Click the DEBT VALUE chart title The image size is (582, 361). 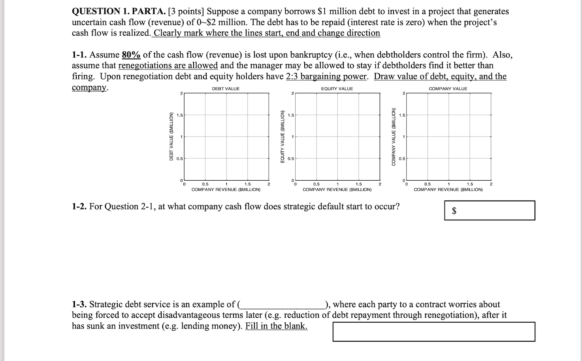coord(226,89)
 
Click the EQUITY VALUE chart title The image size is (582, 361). coord(337,89)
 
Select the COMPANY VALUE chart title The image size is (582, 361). coord(448,89)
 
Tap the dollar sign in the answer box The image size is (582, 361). coord(454,211)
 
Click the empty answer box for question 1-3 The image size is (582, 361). coord(433,332)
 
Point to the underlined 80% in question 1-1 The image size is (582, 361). coord(131,55)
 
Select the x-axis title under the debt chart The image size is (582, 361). coord(226,190)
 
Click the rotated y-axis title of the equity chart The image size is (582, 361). coord(283,136)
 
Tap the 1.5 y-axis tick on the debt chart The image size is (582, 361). coord(180,115)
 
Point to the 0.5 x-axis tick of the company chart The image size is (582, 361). coord(428,184)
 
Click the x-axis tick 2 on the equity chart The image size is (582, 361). coord(380,184)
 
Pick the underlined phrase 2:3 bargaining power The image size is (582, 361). coord(327,76)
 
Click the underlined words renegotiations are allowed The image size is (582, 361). coord(168,66)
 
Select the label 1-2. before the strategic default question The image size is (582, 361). coord(79,207)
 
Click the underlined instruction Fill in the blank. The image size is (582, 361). coord(276,326)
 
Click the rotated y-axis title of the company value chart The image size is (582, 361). coord(394,136)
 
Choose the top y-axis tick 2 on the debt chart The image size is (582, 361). coord(181,93)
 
